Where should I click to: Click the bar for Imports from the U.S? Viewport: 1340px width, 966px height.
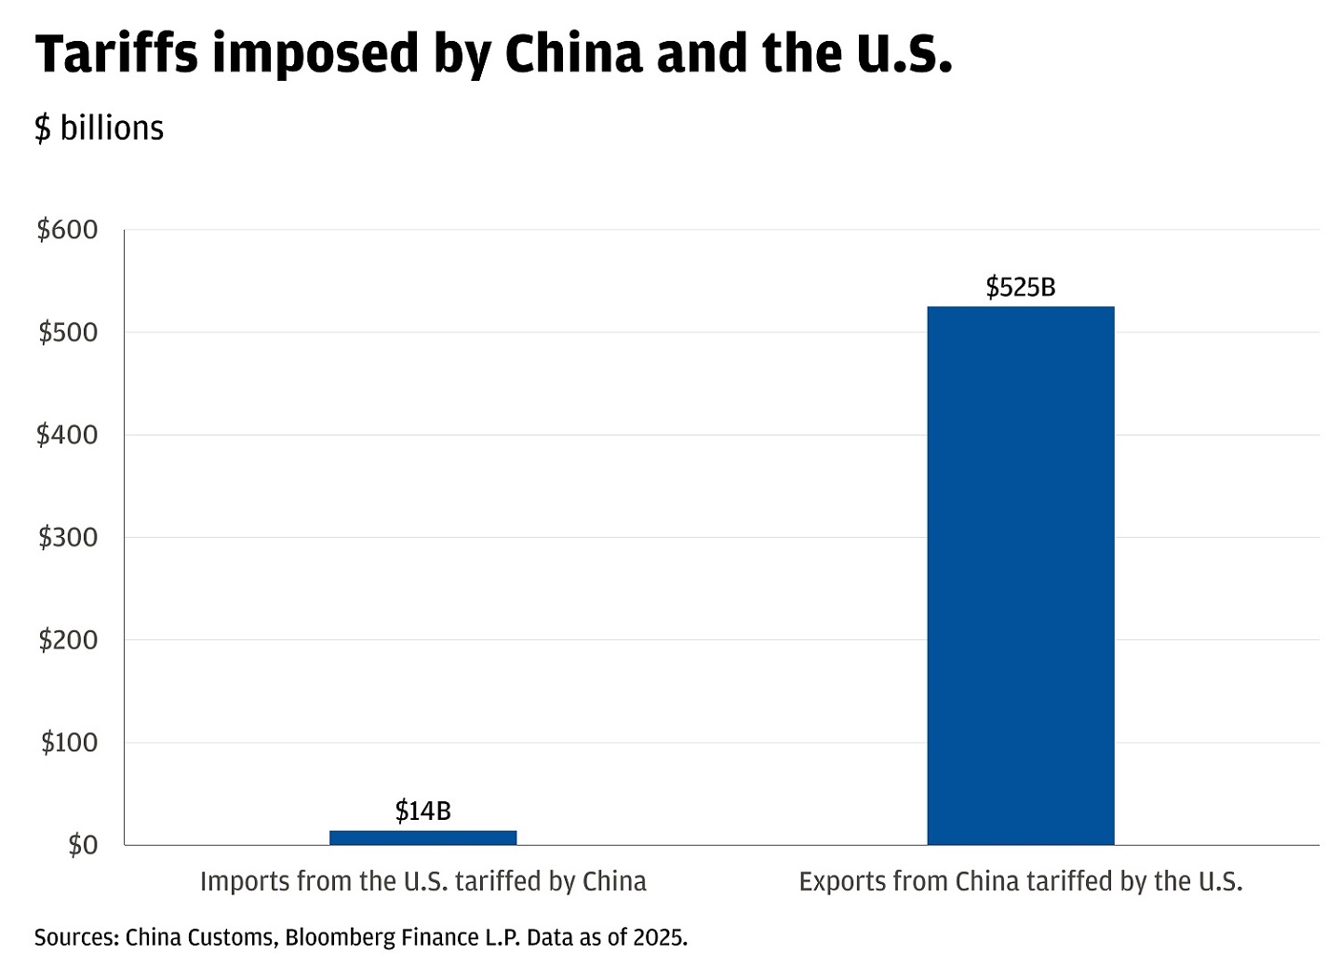pos(422,838)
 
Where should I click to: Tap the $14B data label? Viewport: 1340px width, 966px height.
pos(422,812)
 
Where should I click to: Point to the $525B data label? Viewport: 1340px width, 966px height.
pos(1020,288)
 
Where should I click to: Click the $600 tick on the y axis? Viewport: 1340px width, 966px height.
pos(67,230)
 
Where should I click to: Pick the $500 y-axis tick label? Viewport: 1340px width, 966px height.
pos(67,332)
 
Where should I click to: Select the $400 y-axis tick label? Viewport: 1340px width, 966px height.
pos(67,435)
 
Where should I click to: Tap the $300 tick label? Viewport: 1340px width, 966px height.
pos(67,537)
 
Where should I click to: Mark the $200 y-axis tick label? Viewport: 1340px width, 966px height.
pos(67,639)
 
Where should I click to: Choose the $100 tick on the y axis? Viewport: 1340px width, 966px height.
pos(69,743)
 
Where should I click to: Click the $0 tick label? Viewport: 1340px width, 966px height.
pos(82,845)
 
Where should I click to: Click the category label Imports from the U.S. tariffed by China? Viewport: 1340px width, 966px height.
pos(422,881)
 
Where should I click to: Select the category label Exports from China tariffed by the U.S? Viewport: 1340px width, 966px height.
pos(1020,881)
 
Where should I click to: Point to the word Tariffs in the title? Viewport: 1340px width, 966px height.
pos(116,54)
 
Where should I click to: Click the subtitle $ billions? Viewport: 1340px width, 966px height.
pos(99,128)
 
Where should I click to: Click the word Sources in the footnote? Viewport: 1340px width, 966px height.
pos(76,937)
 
